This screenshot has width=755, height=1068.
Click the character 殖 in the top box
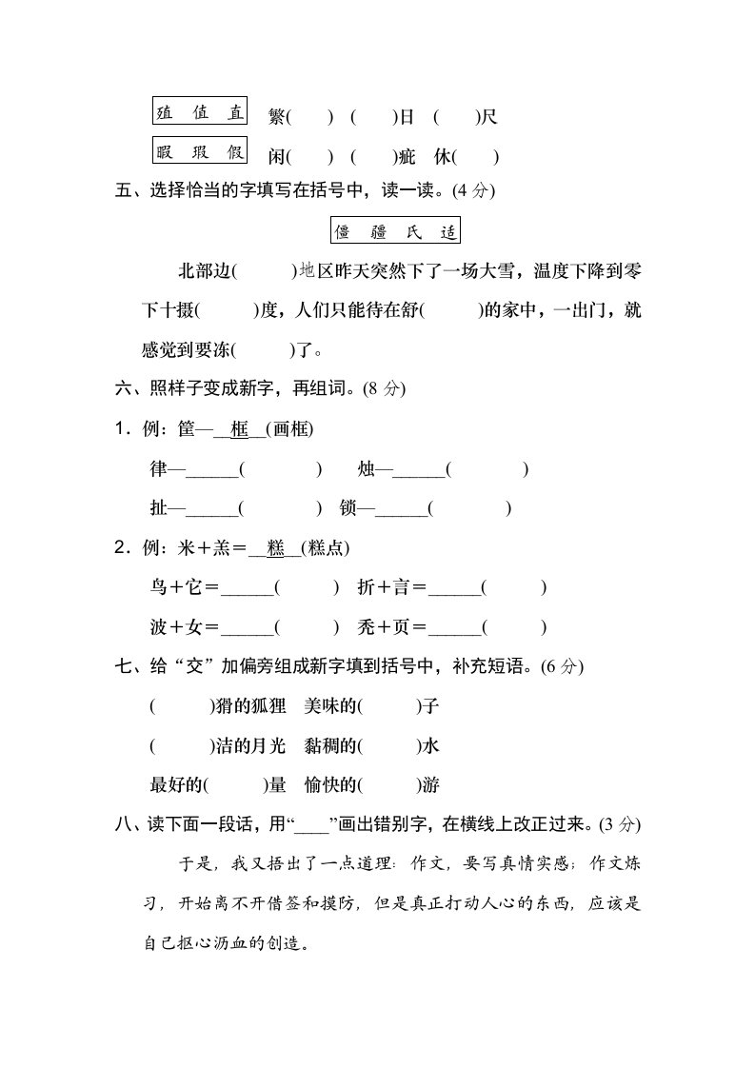click(x=165, y=112)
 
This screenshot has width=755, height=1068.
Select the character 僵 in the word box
click(x=343, y=231)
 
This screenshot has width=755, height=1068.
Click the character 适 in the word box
click(x=449, y=231)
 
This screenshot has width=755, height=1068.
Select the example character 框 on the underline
click(x=239, y=429)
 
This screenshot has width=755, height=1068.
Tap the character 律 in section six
click(x=158, y=469)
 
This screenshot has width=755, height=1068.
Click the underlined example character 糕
click(x=276, y=548)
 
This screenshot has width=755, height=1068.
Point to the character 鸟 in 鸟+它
click(x=158, y=588)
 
